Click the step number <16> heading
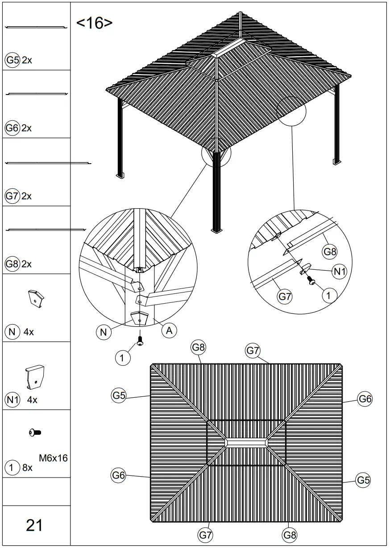(94, 23)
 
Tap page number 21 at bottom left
(35, 525)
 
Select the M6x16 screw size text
(54, 458)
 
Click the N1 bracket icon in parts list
(35, 376)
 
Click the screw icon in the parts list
(35, 432)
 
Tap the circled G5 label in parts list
(12, 60)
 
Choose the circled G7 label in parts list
(12, 196)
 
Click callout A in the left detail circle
(169, 330)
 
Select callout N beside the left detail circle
(103, 332)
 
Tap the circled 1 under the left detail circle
(122, 357)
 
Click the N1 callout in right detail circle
(339, 272)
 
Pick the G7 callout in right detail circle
(285, 296)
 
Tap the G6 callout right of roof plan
(365, 399)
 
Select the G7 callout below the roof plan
(205, 534)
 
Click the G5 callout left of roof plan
(119, 395)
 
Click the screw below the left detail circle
(140, 342)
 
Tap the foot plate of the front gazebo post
(217, 231)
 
